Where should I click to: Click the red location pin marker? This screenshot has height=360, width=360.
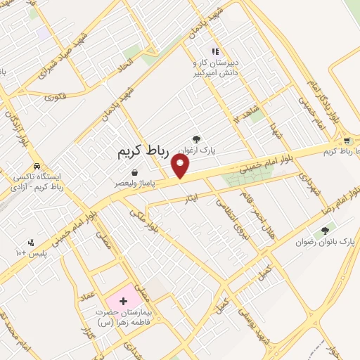tap(181, 167)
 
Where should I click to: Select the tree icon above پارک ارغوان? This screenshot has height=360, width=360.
tap(206, 139)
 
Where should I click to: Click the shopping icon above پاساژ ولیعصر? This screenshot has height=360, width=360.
tap(134, 172)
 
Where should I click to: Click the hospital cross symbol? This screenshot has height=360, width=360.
tap(123, 301)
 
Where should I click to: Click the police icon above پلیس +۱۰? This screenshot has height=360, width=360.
tap(30, 242)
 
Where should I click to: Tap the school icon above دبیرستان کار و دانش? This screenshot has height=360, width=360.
tap(216, 51)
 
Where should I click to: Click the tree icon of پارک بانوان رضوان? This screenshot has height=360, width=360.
tap(325, 230)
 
